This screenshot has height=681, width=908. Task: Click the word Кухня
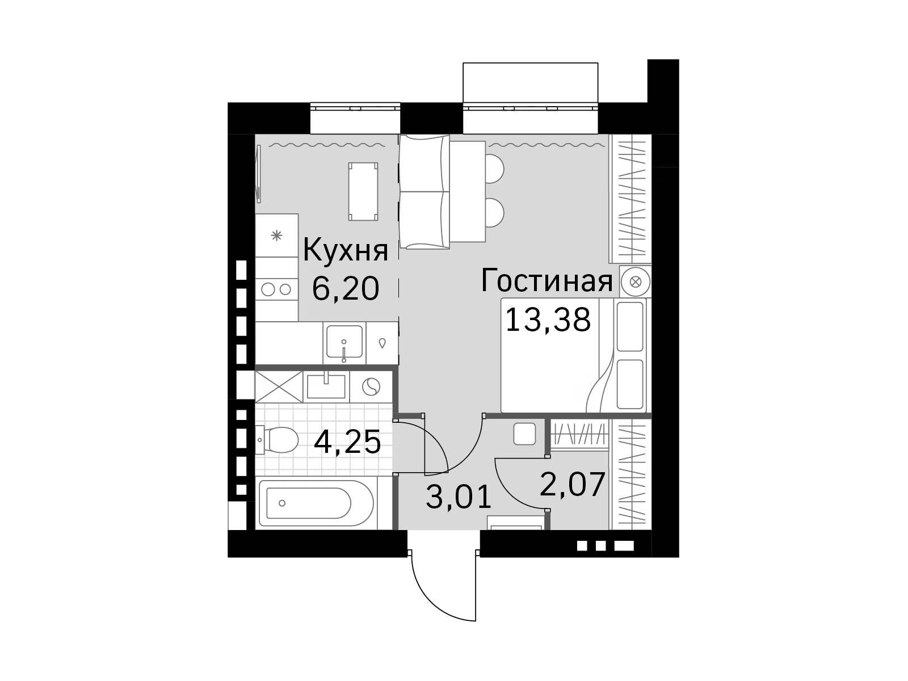pyautogui.click(x=346, y=251)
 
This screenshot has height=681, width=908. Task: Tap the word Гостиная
pyautogui.click(x=547, y=280)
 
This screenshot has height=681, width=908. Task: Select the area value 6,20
pyautogui.click(x=346, y=288)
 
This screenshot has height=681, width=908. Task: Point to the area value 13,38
pyautogui.click(x=548, y=321)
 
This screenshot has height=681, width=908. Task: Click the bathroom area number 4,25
pyautogui.click(x=347, y=442)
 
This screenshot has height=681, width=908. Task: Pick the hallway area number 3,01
pyautogui.click(x=459, y=497)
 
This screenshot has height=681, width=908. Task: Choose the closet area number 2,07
pyautogui.click(x=573, y=484)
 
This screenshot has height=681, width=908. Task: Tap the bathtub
pyautogui.click(x=316, y=503)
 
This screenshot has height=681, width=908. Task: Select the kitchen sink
pyautogui.click(x=344, y=343)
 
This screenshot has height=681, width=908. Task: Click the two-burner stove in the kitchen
pyautogui.click(x=276, y=289)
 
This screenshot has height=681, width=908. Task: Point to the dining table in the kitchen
pyautogui.click(x=363, y=191)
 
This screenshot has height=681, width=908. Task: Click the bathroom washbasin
pyautogui.click(x=326, y=386)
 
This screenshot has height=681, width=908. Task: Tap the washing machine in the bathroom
pyautogui.click(x=371, y=387)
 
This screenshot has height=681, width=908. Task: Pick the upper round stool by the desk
pyautogui.click(x=495, y=169)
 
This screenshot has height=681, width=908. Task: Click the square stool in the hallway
pyautogui.click(x=524, y=434)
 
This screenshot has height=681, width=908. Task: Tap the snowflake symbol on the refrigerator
pyautogui.click(x=276, y=236)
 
